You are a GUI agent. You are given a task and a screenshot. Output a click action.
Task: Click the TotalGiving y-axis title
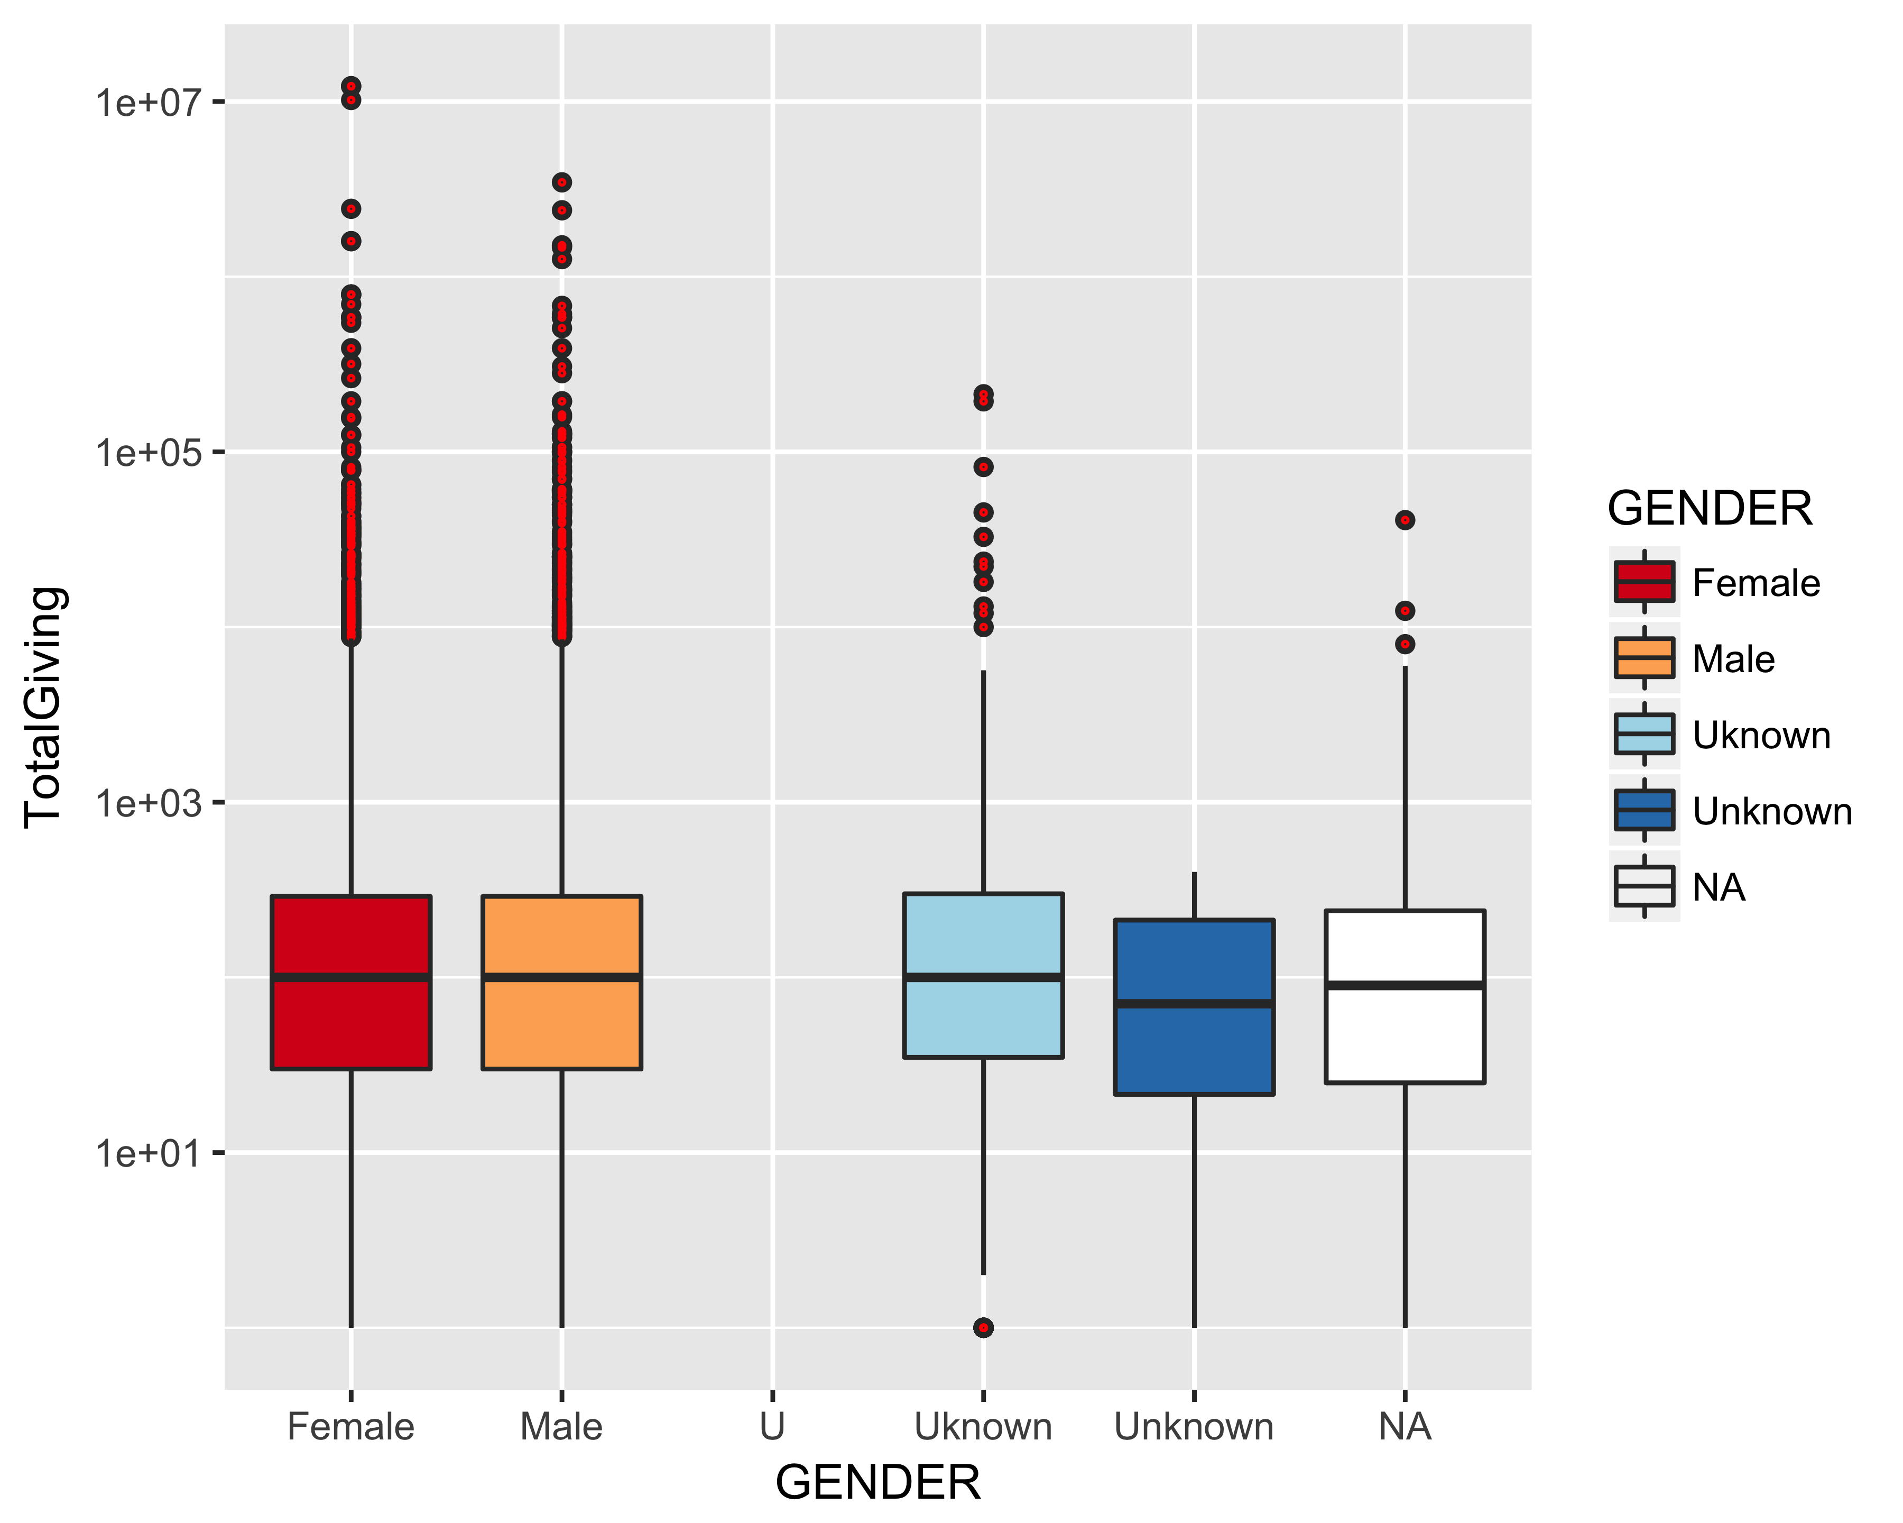point(44,707)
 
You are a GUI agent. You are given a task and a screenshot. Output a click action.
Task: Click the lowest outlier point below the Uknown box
point(983,1327)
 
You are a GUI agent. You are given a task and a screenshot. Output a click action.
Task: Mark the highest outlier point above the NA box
point(1405,520)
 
